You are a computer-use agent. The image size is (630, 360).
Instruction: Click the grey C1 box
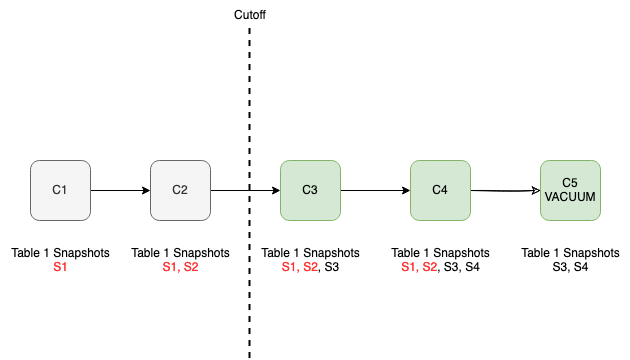pyautogui.click(x=60, y=190)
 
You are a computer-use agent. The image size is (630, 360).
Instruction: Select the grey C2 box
pyautogui.click(x=180, y=190)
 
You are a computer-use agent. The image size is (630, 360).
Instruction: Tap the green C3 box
pyautogui.click(x=310, y=190)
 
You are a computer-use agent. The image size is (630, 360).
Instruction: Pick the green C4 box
pyautogui.click(x=440, y=190)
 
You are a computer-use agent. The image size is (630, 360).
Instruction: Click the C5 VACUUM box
pyautogui.click(x=570, y=190)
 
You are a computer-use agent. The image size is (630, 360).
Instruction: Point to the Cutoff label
pyautogui.click(x=249, y=15)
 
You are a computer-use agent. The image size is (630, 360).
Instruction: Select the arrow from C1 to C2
pyautogui.click(x=120, y=190)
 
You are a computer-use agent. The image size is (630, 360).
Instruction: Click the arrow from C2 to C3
pyautogui.click(x=230, y=190)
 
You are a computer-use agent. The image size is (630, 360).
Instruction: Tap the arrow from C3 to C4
pyautogui.click(x=375, y=190)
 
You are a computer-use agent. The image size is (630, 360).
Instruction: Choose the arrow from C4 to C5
pyautogui.click(x=505, y=190)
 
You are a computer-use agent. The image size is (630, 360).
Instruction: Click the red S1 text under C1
pyautogui.click(x=60, y=267)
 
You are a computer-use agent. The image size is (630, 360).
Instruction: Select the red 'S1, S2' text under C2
pyautogui.click(x=180, y=267)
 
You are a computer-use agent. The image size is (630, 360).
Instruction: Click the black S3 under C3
pyautogui.click(x=331, y=267)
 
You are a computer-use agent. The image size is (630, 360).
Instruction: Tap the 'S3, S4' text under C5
pyautogui.click(x=570, y=267)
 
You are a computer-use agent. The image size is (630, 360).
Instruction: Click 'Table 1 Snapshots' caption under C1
pyautogui.click(x=60, y=253)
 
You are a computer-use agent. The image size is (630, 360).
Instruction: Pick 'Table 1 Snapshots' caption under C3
pyautogui.click(x=310, y=253)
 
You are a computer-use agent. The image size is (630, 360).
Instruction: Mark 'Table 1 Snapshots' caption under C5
pyautogui.click(x=570, y=253)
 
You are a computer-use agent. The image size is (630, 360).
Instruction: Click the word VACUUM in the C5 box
pyautogui.click(x=570, y=197)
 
